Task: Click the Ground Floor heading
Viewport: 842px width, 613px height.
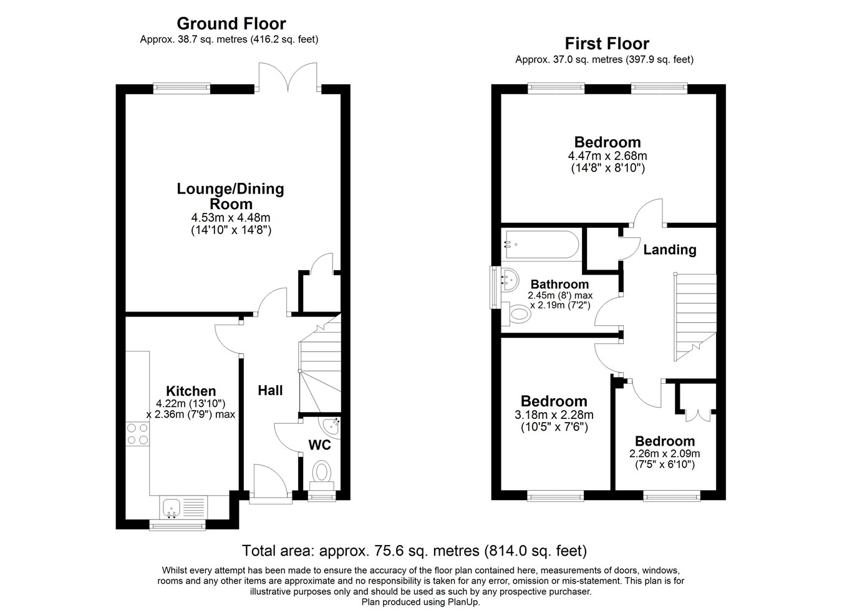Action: tap(231, 24)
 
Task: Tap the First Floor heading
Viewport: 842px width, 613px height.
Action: tap(606, 44)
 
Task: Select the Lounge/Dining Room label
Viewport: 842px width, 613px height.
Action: tap(230, 196)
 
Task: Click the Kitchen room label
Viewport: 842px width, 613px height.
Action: tap(190, 391)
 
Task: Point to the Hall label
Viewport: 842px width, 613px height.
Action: tap(270, 391)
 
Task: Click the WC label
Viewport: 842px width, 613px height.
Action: tap(320, 445)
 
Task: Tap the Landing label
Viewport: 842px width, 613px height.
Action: tap(669, 250)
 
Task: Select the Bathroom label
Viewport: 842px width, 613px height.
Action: tap(559, 285)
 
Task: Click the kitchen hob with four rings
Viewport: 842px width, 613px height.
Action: tap(138, 434)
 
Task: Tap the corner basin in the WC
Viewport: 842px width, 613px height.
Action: tap(331, 426)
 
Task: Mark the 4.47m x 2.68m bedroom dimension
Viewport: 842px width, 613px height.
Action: tap(607, 156)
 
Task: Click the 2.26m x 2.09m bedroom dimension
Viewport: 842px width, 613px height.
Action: tap(664, 454)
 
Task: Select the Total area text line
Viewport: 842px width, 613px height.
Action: tap(414, 551)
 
